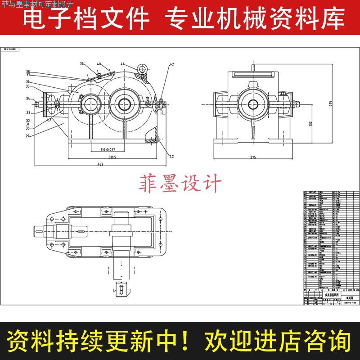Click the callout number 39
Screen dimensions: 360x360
82,64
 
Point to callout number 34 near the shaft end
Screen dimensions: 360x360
27,99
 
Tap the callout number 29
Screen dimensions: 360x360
27,135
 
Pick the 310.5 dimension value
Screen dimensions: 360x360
112,157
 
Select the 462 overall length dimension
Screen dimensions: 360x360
100,164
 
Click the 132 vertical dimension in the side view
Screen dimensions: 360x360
310,123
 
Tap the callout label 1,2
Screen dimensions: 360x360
171,156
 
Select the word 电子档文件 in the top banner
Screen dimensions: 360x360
85,19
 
